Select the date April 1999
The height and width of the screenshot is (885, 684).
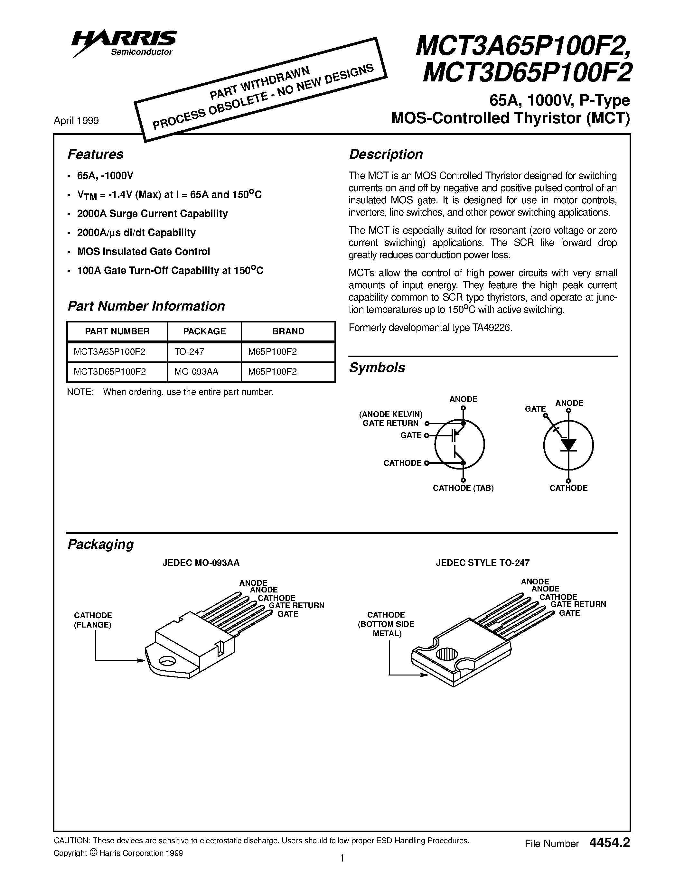(76, 121)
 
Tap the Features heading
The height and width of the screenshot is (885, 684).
(95, 154)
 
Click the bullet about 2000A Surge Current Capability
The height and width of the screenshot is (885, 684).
(152, 214)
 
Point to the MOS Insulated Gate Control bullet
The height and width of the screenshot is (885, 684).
(144, 252)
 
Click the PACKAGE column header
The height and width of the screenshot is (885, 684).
(204, 331)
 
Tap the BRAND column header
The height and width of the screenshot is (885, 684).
(288, 331)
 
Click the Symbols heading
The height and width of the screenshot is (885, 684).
(377, 368)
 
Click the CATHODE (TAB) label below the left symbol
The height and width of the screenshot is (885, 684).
(463, 488)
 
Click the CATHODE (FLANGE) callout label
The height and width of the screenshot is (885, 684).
(93, 620)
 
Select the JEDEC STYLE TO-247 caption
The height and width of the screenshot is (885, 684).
(483, 563)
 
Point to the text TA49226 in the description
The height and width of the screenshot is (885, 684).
(492, 328)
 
